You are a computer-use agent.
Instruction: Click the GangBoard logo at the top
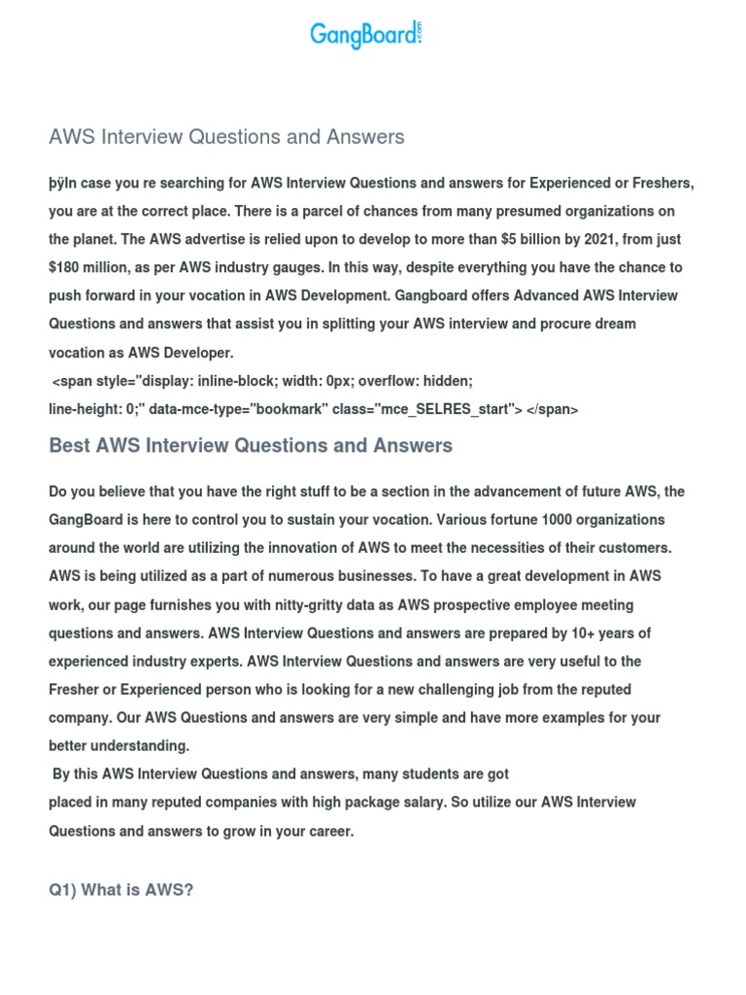pyautogui.click(x=366, y=35)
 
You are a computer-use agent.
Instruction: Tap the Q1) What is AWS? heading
pyautogui.click(x=121, y=889)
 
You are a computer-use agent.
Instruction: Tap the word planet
pyautogui.click(x=99, y=239)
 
